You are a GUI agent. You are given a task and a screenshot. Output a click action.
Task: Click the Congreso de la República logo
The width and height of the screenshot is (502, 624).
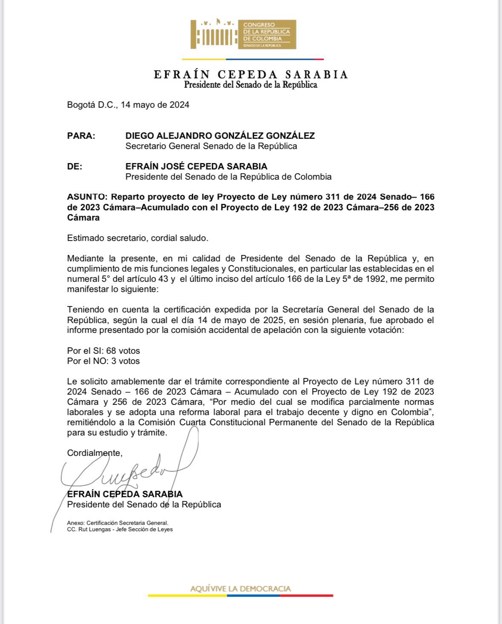pyautogui.click(x=243, y=34)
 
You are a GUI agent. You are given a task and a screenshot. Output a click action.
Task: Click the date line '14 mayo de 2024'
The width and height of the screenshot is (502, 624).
pyautogui.click(x=155, y=105)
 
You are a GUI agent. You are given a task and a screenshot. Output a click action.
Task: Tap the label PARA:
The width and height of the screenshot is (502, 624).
pyautogui.click(x=81, y=136)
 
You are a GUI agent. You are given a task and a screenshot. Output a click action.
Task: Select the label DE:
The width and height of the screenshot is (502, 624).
pyautogui.click(x=75, y=166)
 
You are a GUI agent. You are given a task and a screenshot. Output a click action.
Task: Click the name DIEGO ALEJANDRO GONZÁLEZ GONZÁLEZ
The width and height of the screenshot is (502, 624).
pyautogui.click(x=220, y=136)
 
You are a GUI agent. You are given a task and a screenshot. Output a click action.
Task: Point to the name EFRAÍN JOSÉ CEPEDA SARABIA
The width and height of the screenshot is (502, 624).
pyautogui.click(x=196, y=166)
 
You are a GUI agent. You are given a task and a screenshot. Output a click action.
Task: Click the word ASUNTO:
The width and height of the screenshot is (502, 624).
pyautogui.click(x=88, y=197)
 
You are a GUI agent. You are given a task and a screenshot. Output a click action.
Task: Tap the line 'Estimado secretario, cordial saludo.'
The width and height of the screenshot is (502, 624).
pyautogui.click(x=138, y=238)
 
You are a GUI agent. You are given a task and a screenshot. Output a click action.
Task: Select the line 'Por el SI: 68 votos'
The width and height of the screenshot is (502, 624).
pyautogui.click(x=103, y=351)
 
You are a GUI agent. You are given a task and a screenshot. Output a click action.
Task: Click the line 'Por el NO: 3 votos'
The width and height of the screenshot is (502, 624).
pyautogui.click(x=103, y=361)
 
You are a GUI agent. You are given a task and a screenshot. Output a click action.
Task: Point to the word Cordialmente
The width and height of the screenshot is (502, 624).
pyautogui.click(x=95, y=453)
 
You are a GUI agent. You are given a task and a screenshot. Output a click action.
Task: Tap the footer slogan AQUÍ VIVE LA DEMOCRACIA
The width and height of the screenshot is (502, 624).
pyautogui.click(x=240, y=589)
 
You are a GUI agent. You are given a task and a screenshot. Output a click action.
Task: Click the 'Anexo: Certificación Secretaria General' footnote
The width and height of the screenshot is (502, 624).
pyautogui.click(x=118, y=523)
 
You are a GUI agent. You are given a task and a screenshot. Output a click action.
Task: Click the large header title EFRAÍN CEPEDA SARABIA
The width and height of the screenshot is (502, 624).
pyautogui.click(x=251, y=74)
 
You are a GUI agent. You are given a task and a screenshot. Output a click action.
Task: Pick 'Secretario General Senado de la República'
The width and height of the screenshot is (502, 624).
pyautogui.click(x=211, y=146)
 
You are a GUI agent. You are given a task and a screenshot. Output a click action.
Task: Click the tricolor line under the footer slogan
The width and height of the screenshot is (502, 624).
pyautogui.click(x=240, y=595)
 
